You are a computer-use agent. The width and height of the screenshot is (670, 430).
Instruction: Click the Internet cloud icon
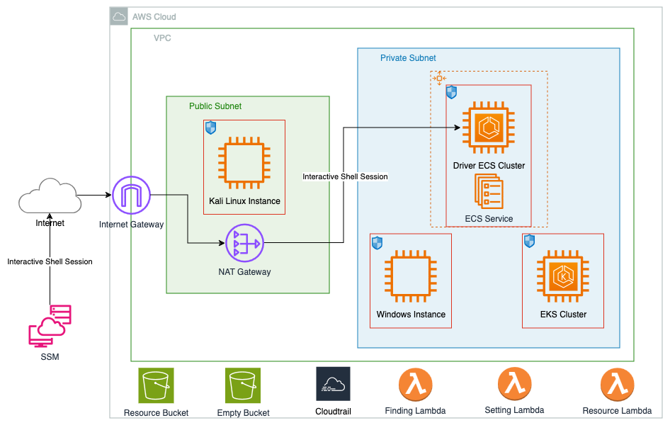[49, 197]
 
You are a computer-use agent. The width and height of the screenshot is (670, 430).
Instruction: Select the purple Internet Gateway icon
[132, 195]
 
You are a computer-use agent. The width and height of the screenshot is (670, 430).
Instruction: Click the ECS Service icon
[489, 192]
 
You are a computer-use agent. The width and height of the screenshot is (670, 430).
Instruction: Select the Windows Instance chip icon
[411, 279]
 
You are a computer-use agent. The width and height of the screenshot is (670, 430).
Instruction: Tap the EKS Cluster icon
[563, 279]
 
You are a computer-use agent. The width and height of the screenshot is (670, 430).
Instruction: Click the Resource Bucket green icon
[156, 385]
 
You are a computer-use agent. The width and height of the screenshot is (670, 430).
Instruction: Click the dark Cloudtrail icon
[333, 385]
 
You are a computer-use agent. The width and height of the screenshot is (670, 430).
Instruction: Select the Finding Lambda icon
[416, 385]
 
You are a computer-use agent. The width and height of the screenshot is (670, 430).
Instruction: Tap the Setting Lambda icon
[514, 385]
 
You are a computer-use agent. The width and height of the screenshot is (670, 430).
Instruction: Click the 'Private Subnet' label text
[408, 58]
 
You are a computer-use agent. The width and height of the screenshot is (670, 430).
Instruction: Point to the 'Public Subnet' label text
[215, 106]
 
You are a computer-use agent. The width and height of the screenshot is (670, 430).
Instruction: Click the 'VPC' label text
[162, 38]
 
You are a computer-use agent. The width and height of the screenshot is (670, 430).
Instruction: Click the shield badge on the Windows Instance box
[377, 243]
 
